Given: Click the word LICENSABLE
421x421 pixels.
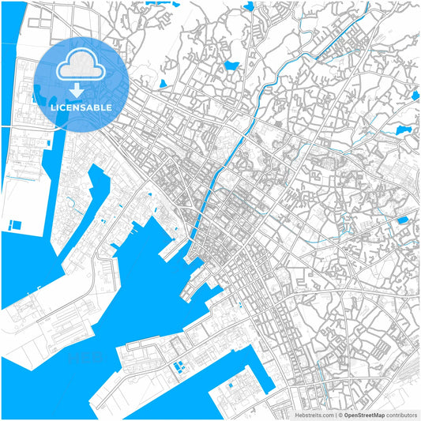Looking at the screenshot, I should (82, 107).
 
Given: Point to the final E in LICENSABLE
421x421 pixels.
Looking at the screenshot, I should (109, 107).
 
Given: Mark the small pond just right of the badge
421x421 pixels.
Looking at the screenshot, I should (164, 83).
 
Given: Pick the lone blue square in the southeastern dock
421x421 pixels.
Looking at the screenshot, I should (231, 385).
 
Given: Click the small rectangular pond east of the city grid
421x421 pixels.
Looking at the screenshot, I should (403, 220).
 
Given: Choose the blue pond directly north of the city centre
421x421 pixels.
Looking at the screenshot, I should (231, 66).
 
